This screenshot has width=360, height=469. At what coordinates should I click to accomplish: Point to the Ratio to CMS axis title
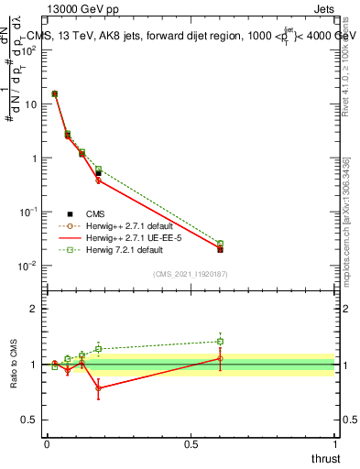pos(13,362)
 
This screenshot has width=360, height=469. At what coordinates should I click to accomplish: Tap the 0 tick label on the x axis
pos(47,444)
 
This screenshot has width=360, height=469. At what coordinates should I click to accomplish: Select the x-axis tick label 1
pos(334,444)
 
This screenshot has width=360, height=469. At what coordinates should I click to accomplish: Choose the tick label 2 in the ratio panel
pos(33,309)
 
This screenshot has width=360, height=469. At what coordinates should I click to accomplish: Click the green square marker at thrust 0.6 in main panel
pos(220,244)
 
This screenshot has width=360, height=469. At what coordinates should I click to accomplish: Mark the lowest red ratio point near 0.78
pos(98,388)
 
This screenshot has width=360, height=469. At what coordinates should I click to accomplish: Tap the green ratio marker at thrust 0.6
pos(220,342)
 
